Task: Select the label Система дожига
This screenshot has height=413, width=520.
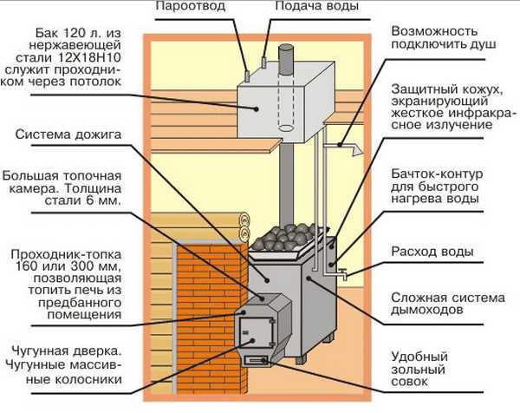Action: (68, 134)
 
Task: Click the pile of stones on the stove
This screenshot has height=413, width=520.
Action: (289, 236)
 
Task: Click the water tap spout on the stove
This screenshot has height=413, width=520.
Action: (345, 276)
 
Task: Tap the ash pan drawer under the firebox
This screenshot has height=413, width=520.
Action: (258, 358)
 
